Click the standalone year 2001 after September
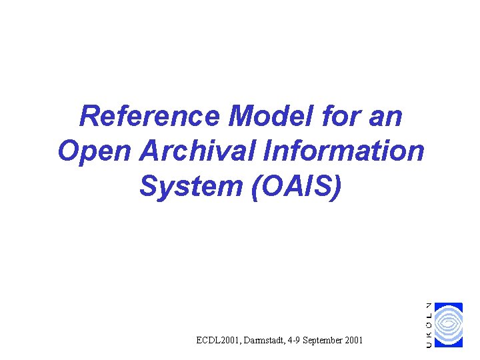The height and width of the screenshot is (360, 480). pos(354,341)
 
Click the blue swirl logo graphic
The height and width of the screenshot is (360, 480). pos(449,325)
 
